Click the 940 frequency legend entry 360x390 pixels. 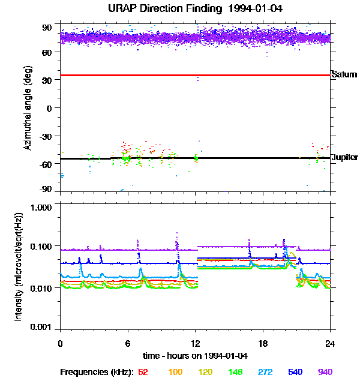(x=324, y=372)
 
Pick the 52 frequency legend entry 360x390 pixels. (x=143, y=372)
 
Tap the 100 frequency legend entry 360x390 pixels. (x=175, y=372)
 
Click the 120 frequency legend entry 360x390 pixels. (x=205, y=372)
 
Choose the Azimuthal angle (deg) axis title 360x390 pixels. (x=28, y=108)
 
